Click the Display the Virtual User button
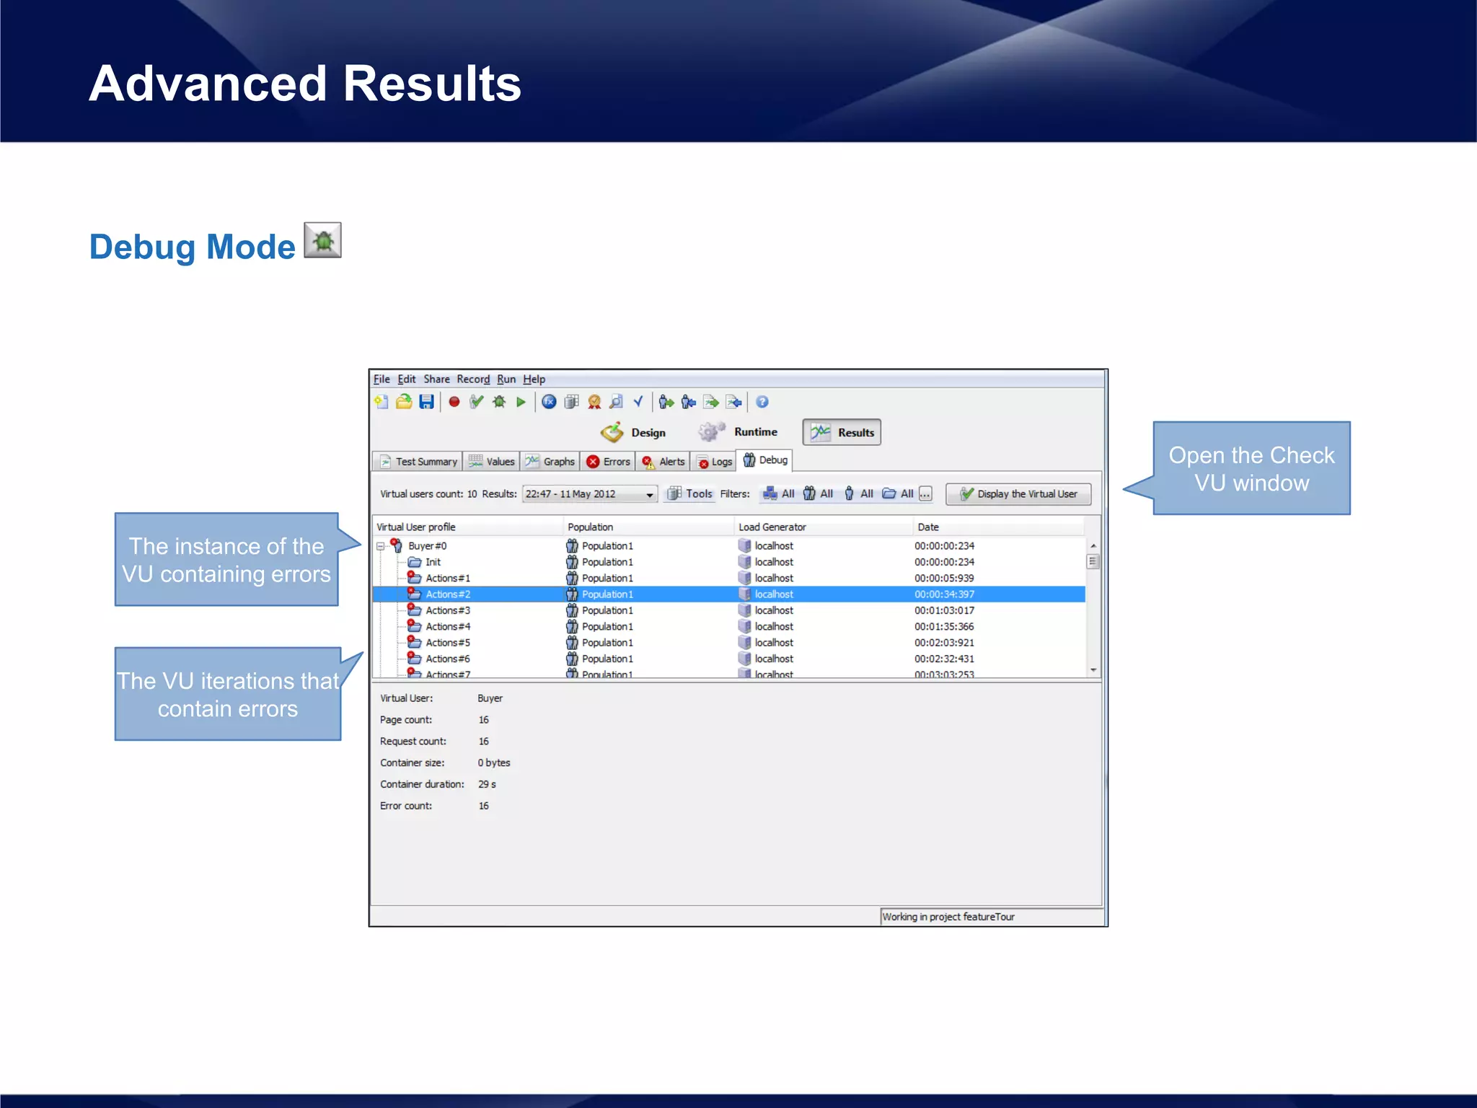pyautogui.click(x=1018, y=494)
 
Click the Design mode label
pyautogui.click(x=648, y=433)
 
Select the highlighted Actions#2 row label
pyautogui.click(x=447, y=594)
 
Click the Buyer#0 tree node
pyautogui.click(x=427, y=546)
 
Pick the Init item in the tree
pyautogui.click(x=433, y=562)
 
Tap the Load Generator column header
pyautogui.click(x=772, y=527)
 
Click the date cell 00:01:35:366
pyautogui.click(x=943, y=627)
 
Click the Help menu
pyautogui.click(x=534, y=379)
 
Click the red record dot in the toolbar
pyautogui.click(x=454, y=403)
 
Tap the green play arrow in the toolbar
pyautogui.click(x=521, y=403)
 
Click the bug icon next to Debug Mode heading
pyautogui.click(x=322, y=240)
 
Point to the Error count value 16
pyautogui.click(x=483, y=806)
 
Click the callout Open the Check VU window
pyautogui.click(x=1251, y=469)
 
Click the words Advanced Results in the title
pyautogui.click(x=304, y=84)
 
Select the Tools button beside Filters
pyautogui.click(x=690, y=494)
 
